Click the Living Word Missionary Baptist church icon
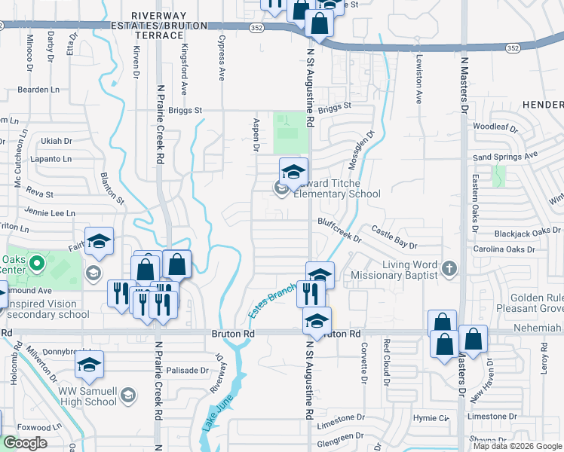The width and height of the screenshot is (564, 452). point(449,268)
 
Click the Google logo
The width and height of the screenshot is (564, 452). point(25,443)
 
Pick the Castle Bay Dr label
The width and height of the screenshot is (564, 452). point(394,241)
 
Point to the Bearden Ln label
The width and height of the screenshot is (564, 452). point(38,90)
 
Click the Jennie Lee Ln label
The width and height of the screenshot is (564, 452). point(50,213)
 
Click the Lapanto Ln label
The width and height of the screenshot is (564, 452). point(51,159)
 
